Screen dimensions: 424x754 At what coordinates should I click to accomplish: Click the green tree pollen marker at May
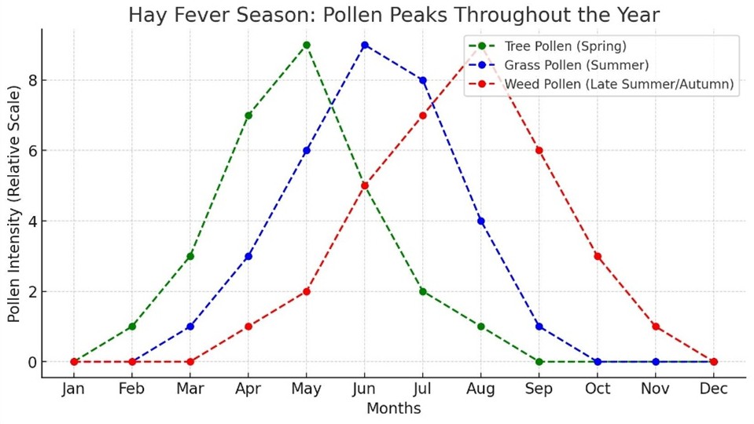pyautogui.click(x=307, y=45)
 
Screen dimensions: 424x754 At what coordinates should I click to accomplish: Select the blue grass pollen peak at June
pyautogui.click(x=365, y=45)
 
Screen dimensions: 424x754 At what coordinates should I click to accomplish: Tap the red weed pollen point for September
pyautogui.click(x=539, y=151)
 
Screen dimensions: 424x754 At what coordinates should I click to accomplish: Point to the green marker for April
pyautogui.click(x=248, y=115)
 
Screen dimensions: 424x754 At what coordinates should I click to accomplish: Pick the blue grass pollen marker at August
pyautogui.click(x=480, y=221)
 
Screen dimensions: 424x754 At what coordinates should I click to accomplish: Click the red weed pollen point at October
pyautogui.click(x=597, y=256)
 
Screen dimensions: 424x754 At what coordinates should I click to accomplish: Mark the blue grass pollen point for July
pyautogui.click(x=423, y=80)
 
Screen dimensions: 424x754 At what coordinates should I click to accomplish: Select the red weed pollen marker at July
pyautogui.click(x=423, y=115)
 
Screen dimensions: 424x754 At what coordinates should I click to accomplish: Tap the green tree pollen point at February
pyautogui.click(x=132, y=327)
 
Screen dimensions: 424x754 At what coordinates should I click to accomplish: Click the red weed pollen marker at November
pyautogui.click(x=655, y=327)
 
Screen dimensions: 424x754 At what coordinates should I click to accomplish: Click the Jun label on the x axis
pyautogui.click(x=365, y=389)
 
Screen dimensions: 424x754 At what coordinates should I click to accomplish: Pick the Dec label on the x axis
pyautogui.click(x=713, y=389)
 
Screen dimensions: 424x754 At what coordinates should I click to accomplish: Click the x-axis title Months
pyautogui.click(x=393, y=409)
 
